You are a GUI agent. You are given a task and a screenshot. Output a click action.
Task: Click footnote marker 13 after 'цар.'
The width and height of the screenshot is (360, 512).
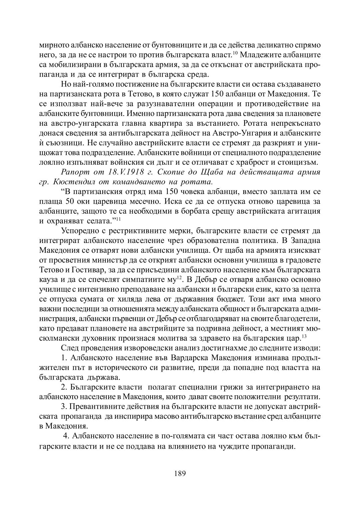tap(304, 336)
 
